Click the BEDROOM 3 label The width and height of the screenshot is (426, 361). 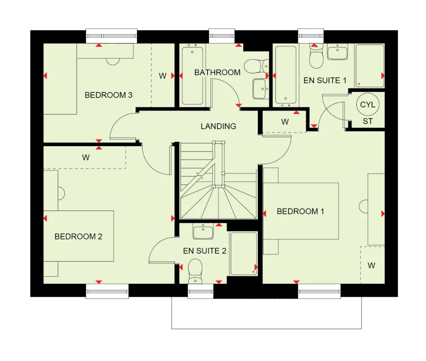[x=109, y=95]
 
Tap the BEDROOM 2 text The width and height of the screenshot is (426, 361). [x=78, y=237]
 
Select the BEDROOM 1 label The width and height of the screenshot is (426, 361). [x=300, y=211]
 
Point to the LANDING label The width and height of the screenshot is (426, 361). [x=218, y=126]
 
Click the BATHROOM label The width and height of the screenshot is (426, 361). [x=217, y=72]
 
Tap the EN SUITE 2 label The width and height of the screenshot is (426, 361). [x=205, y=251]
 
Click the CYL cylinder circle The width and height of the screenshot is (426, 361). [x=368, y=105]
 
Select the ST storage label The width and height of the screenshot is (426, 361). [x=368, y=122]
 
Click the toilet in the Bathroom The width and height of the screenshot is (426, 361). [x=253, y=65]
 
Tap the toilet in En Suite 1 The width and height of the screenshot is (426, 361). [x=316, y=58]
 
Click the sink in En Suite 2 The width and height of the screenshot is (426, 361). [x=203, y=231]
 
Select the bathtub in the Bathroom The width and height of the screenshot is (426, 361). [x=193, y=75]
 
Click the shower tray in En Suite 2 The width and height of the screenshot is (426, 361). [x=244, y=254]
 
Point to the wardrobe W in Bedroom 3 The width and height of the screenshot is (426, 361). [x=163, y=76]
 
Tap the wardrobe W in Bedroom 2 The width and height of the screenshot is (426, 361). [x=86, y=158]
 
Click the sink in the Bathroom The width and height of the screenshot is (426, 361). [x=260, y=88]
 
